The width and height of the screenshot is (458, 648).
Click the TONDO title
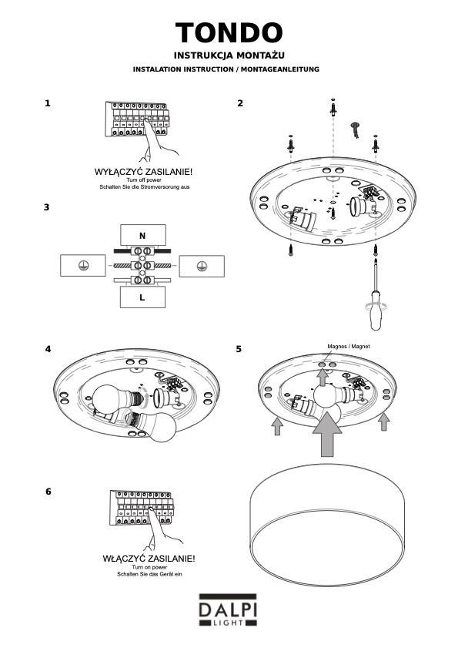(x=229, y=32)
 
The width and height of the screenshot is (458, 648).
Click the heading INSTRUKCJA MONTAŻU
(x=229, y=55)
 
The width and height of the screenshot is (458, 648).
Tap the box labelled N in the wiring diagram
(x=143, y=236)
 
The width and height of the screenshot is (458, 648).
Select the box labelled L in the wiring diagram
(x=142, y=297)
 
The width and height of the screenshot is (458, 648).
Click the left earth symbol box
(x=83, y=265)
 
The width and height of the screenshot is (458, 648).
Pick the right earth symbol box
(x=202, y=266)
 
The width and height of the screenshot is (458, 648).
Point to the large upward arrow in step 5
(x=327, y=434)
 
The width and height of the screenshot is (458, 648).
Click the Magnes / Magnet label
(x=349, y=346)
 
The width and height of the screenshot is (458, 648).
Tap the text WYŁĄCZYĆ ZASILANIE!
(x=143, y=172)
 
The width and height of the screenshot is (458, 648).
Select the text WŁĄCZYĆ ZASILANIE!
(x=149, y=559)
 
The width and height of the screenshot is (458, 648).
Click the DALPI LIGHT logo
(x=228, y=610)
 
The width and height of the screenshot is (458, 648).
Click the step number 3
(x=47, y=207)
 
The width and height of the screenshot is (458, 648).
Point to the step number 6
(x=48, y=492)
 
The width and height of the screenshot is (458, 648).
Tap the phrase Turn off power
(x=144, y=180)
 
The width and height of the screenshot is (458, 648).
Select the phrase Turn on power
(x=149, y=567)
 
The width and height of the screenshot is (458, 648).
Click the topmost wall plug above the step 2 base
(x=333, y=107)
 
